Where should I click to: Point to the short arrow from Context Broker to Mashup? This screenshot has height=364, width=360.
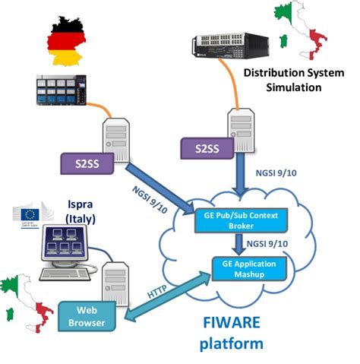[238, 242]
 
